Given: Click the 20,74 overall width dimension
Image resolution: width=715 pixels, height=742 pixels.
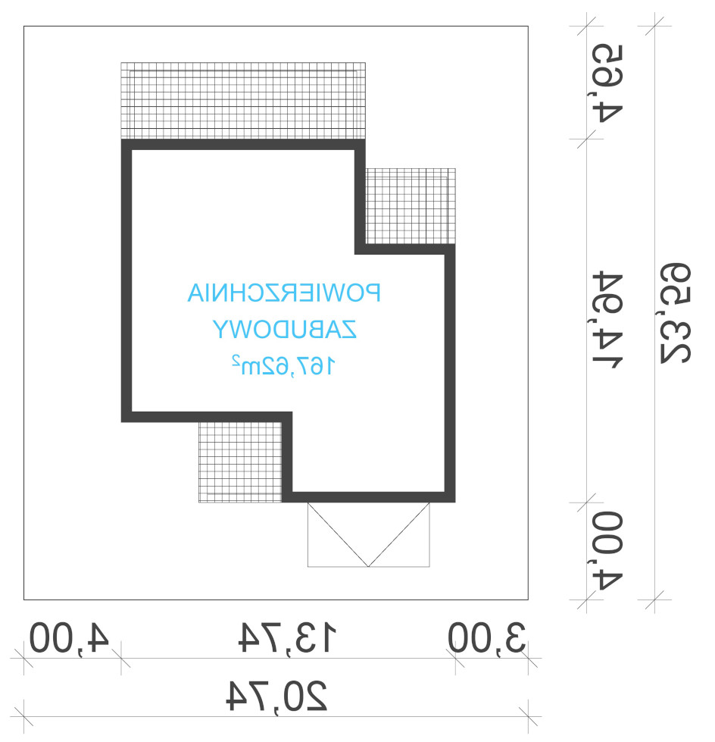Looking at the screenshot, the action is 276,696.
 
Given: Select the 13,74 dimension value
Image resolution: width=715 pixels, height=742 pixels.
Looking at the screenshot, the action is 287,637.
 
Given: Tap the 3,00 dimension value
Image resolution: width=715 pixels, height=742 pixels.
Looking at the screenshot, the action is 486,637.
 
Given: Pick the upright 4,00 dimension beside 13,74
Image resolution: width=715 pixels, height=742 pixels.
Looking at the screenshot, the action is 69,637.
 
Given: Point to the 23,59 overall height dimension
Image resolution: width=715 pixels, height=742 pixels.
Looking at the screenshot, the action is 676,313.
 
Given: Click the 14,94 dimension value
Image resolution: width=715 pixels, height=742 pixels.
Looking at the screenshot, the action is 607,320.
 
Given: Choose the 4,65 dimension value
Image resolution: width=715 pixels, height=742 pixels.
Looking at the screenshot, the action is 607,83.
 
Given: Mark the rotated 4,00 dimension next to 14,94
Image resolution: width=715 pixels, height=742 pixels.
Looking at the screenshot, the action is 607,550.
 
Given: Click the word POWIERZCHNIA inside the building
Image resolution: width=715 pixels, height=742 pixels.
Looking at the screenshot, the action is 284,293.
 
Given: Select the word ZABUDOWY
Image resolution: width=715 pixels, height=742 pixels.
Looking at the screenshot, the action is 284,329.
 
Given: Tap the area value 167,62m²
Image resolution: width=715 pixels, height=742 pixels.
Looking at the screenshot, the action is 284,365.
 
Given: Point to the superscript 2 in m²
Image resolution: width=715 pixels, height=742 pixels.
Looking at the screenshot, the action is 235,360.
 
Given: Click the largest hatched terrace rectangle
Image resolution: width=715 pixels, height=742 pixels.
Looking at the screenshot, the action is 243,101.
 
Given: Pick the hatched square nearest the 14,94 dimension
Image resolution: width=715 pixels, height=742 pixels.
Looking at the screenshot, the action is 411,206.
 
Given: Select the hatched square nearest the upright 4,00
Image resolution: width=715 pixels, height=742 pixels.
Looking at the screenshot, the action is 240,462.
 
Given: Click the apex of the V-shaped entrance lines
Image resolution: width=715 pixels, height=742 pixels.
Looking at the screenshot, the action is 368,566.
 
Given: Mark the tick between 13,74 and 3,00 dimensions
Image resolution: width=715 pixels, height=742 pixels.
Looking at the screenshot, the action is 455,658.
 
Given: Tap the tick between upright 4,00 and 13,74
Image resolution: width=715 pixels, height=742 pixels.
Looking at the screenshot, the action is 121,658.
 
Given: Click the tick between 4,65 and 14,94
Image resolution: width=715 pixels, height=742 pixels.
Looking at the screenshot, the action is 586,139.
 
